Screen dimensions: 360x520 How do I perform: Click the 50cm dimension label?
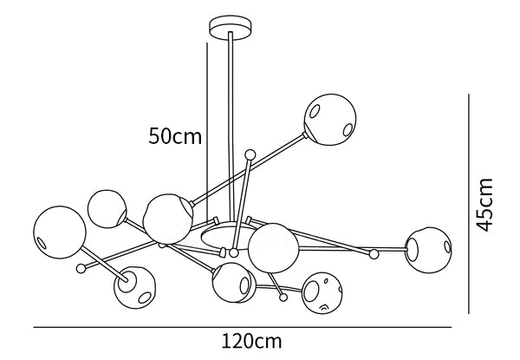175,136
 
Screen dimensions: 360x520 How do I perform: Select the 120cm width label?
252,342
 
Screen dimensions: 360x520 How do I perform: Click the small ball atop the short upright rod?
250,154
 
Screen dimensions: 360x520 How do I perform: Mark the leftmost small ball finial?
82,268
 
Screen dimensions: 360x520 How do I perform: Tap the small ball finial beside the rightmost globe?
374,254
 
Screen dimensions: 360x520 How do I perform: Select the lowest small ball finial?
283,298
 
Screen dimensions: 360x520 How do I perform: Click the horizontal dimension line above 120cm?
243,327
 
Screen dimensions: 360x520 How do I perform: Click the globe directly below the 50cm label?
167,219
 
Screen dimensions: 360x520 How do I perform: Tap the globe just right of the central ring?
274,248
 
